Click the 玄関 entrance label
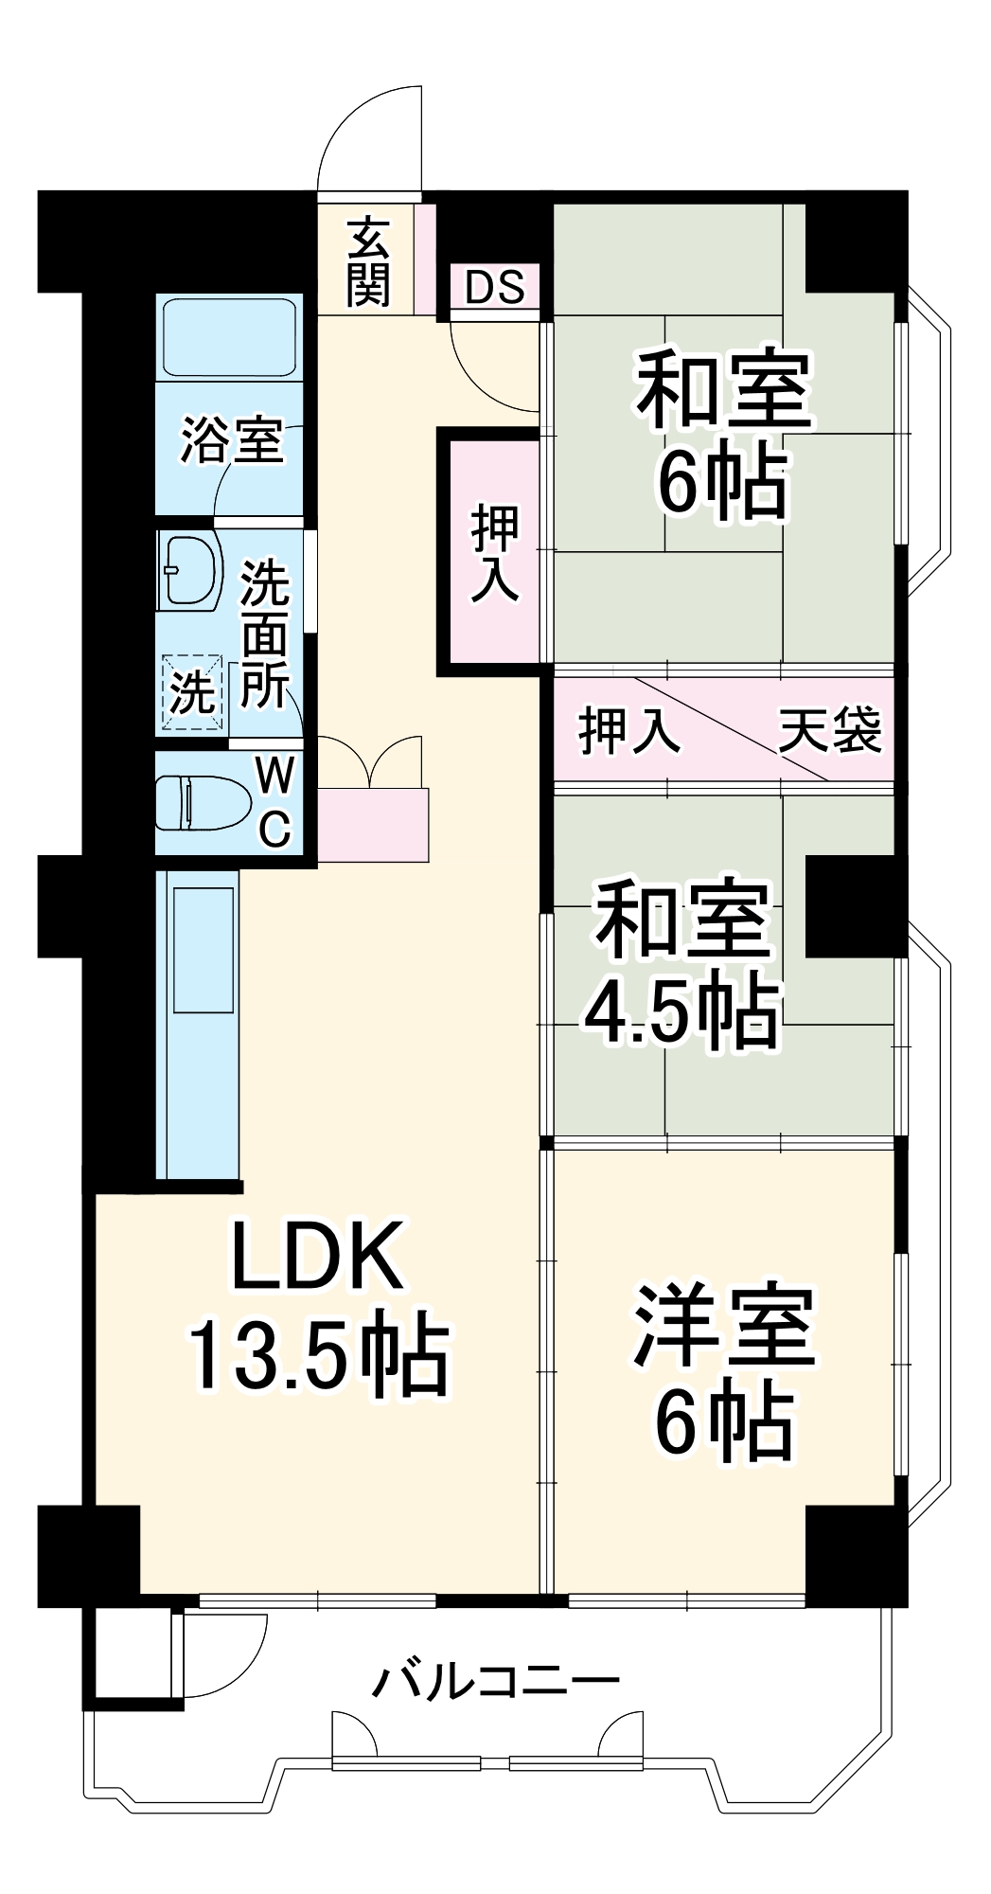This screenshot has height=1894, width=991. click(367, 261)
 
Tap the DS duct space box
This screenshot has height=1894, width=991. click(495, 287)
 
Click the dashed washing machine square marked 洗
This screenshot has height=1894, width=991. click(192, 694)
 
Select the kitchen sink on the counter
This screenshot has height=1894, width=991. click(202, 949)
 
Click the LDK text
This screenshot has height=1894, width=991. click(319, 1257)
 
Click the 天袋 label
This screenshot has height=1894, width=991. click(830, 730)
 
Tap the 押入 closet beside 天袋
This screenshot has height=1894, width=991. click(628, 730)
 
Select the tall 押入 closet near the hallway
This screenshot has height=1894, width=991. click(495, 553)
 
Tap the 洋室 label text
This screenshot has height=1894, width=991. click(724, 1327)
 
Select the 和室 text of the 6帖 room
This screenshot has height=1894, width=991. click(724, 389)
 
